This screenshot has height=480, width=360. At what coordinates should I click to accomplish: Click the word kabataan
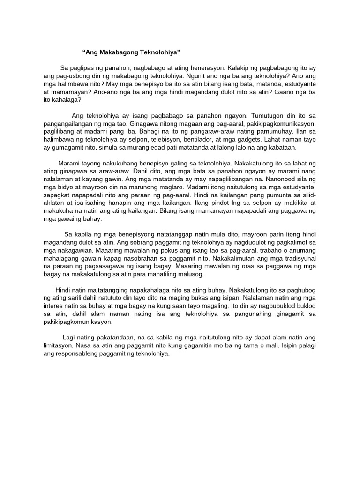click(x=280, y=147)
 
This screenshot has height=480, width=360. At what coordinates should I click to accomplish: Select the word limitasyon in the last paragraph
click(x=63, y=346)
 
